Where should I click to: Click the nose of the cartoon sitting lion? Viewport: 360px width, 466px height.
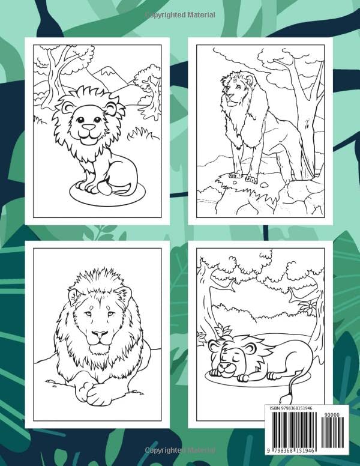[89, 128]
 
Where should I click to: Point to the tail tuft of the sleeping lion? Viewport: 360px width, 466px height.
[293, 398]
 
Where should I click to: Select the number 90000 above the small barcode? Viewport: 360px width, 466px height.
[332, 414]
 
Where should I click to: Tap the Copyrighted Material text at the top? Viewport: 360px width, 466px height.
[179, 14]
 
